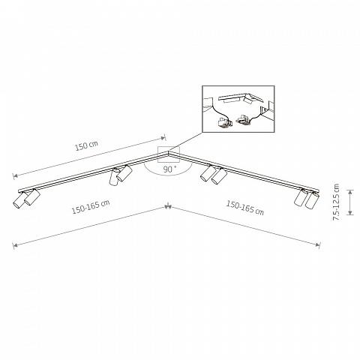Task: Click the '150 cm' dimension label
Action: tap(86, 145)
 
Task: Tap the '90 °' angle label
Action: tap(169, 169)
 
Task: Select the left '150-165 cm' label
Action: tap(91, 207)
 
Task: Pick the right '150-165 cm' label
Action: tap(245, 208)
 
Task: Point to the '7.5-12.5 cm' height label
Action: tap(336, 202)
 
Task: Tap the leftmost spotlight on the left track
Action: tap(19, 199)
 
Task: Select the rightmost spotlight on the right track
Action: tap(312, 200)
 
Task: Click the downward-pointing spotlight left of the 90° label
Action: tap(114, 177)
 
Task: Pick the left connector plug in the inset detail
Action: tap(224, 122)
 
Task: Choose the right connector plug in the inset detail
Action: tap(243, 119)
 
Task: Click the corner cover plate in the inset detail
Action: tap(240, 98)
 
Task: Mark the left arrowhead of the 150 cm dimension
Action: tap(14, 176)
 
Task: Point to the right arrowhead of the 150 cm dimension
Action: tap(163, 137)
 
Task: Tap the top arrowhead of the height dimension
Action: tap(350, 191)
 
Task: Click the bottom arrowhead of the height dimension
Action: tap(350, 213)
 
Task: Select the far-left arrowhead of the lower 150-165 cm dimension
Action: tap(14, 246)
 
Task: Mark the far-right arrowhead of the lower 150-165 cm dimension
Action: tap(318, 244)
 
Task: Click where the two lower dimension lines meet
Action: tap(168, 206)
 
